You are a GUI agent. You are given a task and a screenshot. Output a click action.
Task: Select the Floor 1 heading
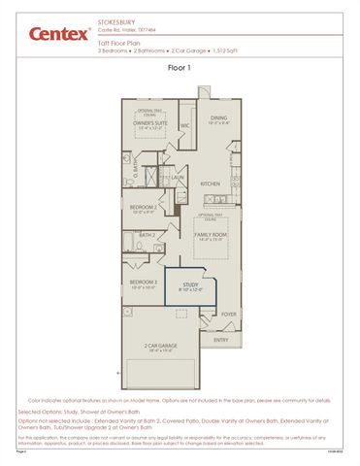180,70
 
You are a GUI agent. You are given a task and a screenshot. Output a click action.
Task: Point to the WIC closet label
184,125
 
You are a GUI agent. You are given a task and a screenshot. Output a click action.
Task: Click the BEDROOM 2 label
144,207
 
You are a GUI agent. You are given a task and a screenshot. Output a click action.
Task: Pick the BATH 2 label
147,235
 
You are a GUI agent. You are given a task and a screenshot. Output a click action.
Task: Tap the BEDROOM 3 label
144,283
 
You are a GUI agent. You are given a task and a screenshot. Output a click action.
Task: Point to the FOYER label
229,315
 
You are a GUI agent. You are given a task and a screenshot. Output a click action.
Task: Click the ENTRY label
221,340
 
